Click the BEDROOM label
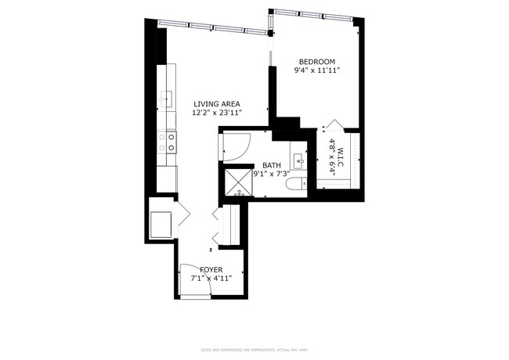(317, 62)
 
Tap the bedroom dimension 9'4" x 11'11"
(317, 71)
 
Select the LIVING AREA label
(217, 103)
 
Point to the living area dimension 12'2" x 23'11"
(217, 113)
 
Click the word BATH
(272, 165)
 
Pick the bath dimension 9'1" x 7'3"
(272, 174)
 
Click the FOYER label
(211, 269)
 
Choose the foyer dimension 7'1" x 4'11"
(211, 278)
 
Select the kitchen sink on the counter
(166, 98)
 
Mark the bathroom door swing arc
(237, 145)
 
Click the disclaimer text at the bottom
(254, 349)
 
